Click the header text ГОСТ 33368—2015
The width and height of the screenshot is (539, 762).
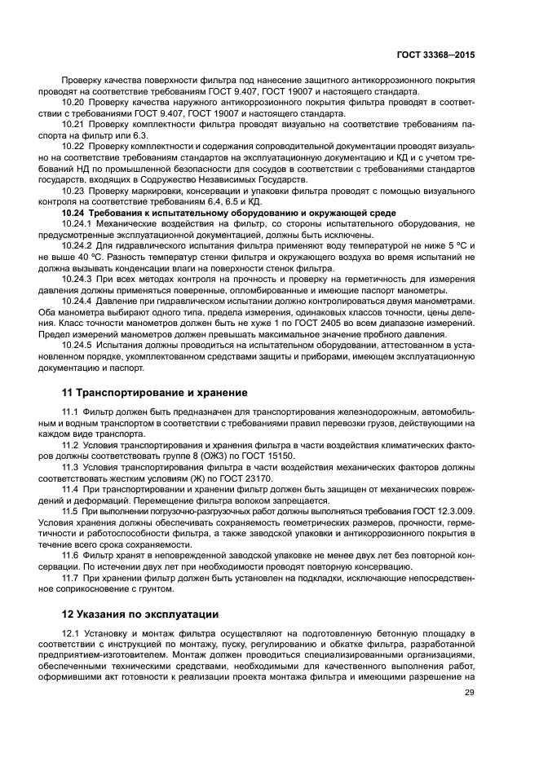(435, 55)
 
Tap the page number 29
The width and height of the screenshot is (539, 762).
(468, 693)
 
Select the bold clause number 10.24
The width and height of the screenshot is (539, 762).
(74, 212)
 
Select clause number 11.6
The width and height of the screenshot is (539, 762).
(71, 555)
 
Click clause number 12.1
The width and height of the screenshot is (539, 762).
(71, 633)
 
